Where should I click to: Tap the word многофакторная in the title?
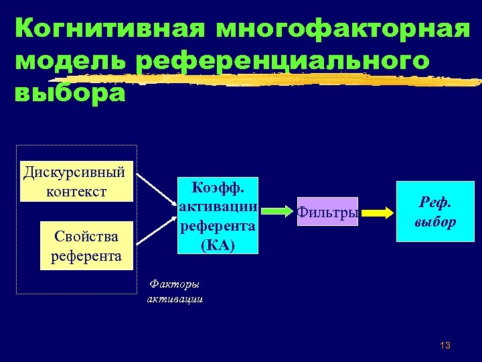pyautogui.click(x=343, y=29)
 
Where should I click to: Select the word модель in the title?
pyautogui.click(x=68, y=60)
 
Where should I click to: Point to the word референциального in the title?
pyautogui.click(x=281, y=60)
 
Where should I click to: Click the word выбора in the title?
pyautogui.click(x=69, y=92)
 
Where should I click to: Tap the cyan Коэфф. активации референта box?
pyautogui.click(x=218, y=215)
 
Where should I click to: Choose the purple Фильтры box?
pyautogui.click(x=327, y=212)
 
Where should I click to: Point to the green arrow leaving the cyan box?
pyautogui.click(x=275, y=211)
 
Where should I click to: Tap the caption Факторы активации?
pyautogui.click(x=175, y=292)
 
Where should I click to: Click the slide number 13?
pyautogui.click(x=445, y=345)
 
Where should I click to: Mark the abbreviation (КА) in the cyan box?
pyautogui.click(x=218, y=244)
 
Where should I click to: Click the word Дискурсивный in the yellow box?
pyautogui.click(x=75, y=172)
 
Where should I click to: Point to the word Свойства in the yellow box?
pyautogui.click(x=86, y=236)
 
